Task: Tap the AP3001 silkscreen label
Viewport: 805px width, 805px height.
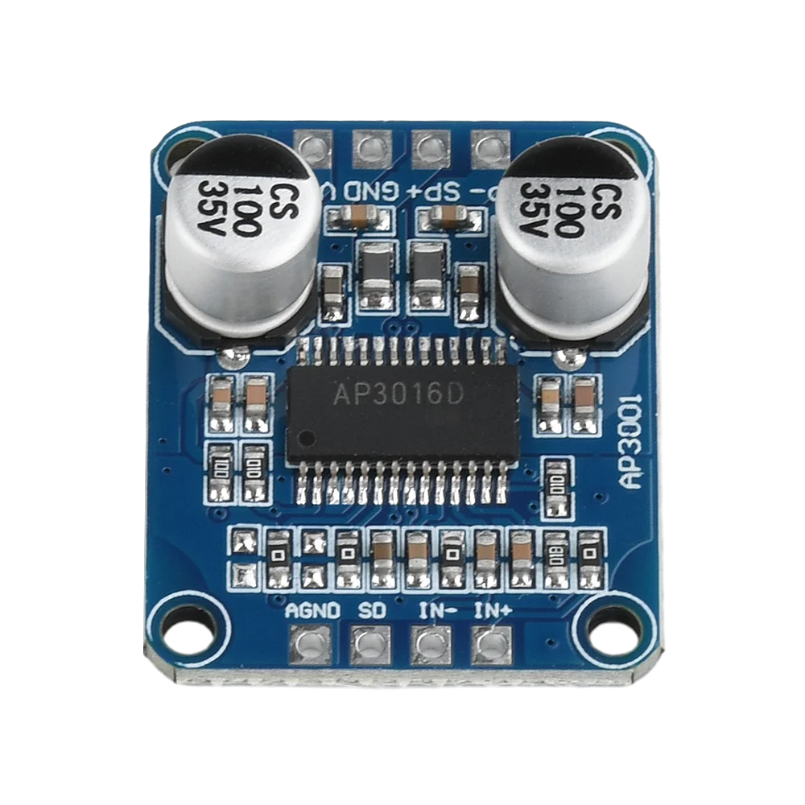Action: pyautogui.click(x=631, y=440)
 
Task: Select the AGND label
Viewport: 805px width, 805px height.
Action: pyautogui.click(x=313, y=610)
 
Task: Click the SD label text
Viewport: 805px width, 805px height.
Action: pyautogui.click(x=372, y=610)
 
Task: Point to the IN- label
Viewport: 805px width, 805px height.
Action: pyautogui.click(x=437, y=610)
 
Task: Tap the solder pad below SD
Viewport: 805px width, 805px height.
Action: pyautogui.click(x=371, y=645)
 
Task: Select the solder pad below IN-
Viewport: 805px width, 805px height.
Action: pyautogui.click(x=431, y=645)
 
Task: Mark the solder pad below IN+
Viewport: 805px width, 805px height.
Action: pyautogui.click(x=491, y=645)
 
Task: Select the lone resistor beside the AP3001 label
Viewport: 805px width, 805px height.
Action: pyautogui.click(x=555, y=483)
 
